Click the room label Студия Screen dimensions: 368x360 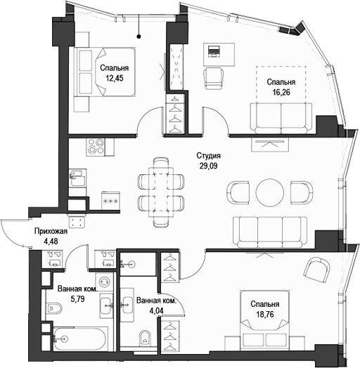click(x=208, y=156)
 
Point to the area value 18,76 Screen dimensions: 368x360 click(x=264, y=315)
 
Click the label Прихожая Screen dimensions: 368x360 click(x=51, y=232)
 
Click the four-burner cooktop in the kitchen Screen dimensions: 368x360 click(x=96, y=147)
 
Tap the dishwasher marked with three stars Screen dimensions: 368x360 click(x=110, y=199)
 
